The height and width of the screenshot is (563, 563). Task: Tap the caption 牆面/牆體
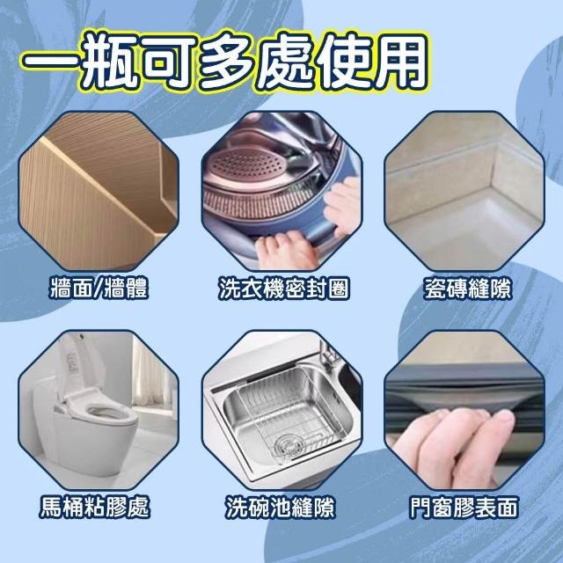[x=99, y=288]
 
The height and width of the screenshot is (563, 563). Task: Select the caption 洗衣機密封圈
[x=283, y=288]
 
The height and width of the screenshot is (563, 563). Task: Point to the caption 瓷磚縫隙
[x=467, y=288]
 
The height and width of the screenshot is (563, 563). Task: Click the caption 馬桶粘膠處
[x=95, y=507]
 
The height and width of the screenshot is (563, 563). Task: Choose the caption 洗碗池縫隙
[x=281, y=507]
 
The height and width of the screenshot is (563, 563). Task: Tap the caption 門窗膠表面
[x=464, y=507]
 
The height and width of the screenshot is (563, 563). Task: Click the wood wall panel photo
[x=99, y=191]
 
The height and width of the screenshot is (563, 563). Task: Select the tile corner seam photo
[x=464, y=191]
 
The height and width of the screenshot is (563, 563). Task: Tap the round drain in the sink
[x=288, y=446]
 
